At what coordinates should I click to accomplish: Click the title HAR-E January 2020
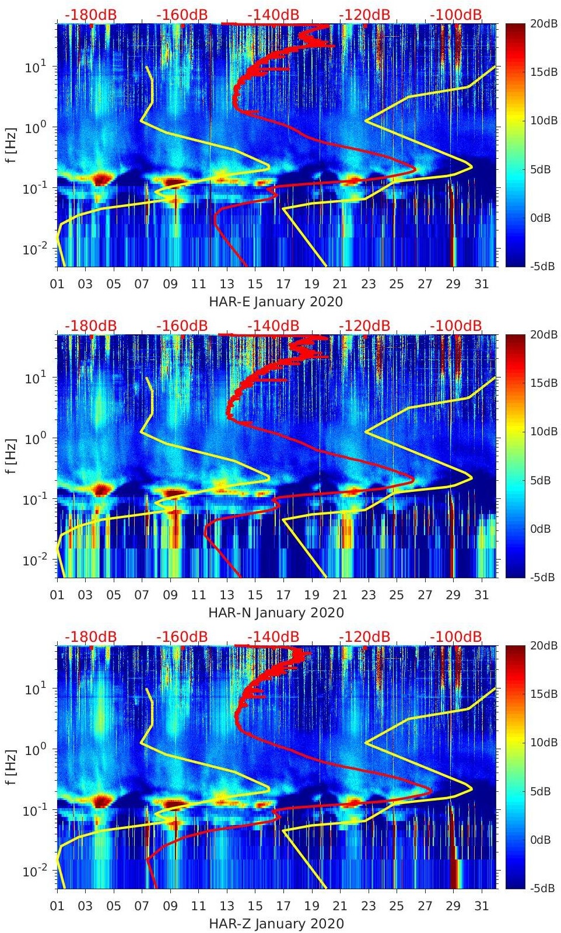click(276, 302)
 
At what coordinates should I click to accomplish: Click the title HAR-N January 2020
click(276, 613)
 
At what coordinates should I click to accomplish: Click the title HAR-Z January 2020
click(276, 924)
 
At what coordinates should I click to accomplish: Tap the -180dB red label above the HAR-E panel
click(90, 15)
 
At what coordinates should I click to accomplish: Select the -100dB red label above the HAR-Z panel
click(456, 637)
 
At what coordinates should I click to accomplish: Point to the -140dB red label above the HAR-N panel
click(273, 326)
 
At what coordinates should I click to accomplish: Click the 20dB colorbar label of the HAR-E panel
click(545, 23)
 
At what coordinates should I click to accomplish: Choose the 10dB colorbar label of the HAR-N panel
click(545, 431)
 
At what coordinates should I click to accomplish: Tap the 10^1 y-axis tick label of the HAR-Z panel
click(36, 690)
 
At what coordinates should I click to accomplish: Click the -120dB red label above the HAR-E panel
click(364, 15)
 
